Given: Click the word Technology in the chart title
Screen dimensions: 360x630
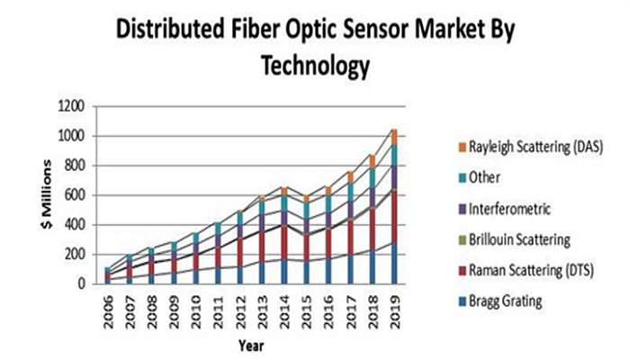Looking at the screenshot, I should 314,66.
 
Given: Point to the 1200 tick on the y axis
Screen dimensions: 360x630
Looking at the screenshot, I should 72,106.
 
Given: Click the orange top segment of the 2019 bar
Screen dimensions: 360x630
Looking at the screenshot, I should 393,137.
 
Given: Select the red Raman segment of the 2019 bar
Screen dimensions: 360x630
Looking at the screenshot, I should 393,216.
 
